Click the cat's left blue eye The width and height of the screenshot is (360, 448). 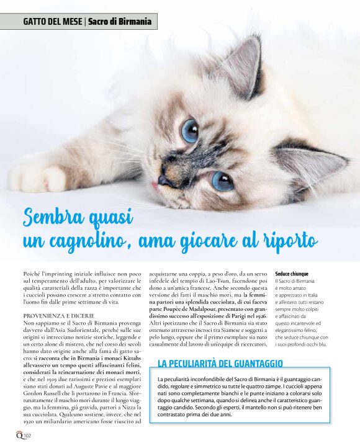click(189, 130)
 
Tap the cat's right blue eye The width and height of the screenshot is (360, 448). click(222, 180)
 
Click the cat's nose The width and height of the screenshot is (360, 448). click(164, 181)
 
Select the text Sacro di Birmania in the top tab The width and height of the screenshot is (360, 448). click(120, 22)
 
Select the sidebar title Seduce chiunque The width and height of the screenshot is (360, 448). click(292, 273)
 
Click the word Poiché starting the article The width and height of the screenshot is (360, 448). click(32, 274)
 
